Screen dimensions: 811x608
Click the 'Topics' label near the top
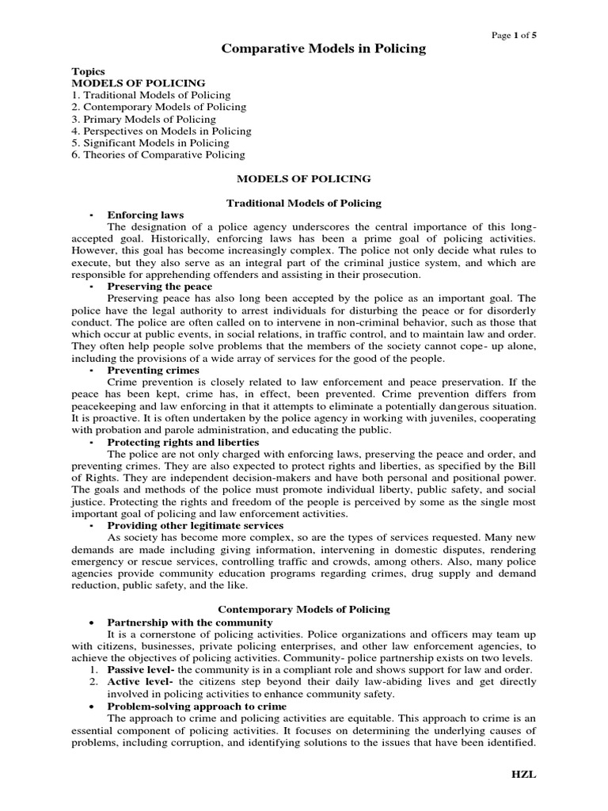pyautogui.click(x=88, y=71)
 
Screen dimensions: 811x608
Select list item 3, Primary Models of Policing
pyautogui.click(x=143, y=119)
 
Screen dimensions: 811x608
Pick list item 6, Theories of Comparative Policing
pyautogui.click(x=158, y=154)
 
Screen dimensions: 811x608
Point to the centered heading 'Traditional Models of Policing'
pyautogui.click(x=304, y=203)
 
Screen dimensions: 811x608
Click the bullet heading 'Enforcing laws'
pyautogui.click(x=146, y=215)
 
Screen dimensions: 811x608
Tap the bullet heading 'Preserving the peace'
pyautogui.click(x=160, y=286)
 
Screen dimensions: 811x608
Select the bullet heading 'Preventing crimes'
pyautogui.click(x=154, y=370)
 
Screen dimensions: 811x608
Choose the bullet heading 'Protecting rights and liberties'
pyautogui.click(x=183, y=442)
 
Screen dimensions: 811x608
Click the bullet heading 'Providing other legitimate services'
pyautogui.click(x=195, y=525)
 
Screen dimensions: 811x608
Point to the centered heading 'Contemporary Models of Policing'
pyautogui.click(x=304, y=609)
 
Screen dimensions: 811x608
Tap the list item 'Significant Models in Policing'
pyautogui.click(x=150, y=143)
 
